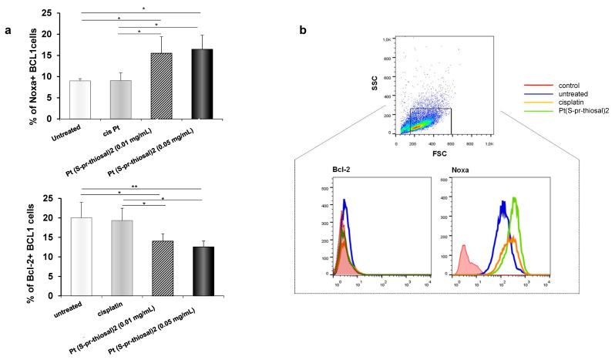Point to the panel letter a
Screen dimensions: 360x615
[8, 30]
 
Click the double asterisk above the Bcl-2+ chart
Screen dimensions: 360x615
[199, 187]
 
